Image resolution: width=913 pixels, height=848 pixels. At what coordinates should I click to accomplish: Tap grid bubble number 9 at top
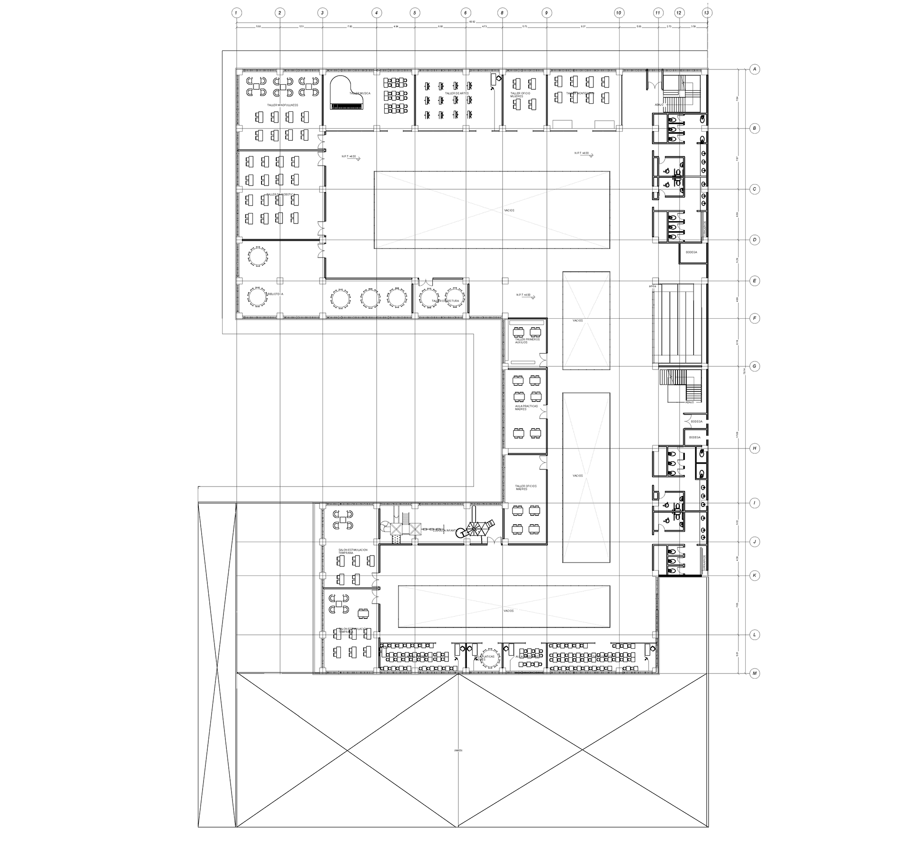[x=547, y=13]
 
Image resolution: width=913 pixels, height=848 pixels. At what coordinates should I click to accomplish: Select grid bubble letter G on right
[x=754, y=366]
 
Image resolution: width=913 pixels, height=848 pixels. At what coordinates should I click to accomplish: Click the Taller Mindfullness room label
[x=282, y=105]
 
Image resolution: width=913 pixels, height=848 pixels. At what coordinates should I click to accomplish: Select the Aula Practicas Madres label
[x=526, y=408]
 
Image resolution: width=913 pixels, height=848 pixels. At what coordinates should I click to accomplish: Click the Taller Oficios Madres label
[x=526, y=487]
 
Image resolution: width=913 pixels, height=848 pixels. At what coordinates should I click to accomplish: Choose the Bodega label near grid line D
[x=691, y=252]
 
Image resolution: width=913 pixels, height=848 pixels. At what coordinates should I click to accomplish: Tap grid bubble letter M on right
[x=754, y=673]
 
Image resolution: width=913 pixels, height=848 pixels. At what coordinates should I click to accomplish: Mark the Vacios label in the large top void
[x=509, y=210]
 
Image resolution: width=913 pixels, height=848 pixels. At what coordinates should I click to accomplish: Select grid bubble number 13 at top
[x=707, y=13]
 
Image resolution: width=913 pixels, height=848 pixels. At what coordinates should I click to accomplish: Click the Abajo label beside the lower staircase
[x=690, y=402]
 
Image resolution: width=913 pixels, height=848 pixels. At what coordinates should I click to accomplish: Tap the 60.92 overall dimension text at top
[x=472, y=21]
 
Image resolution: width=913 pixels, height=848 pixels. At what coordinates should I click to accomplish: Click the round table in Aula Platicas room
[x=489, y=658]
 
